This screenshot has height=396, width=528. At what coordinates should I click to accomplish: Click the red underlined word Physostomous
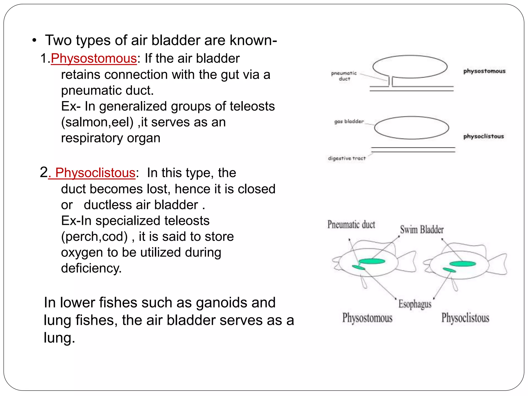(94, 59)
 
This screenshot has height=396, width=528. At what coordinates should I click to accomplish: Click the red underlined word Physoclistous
(95, 173)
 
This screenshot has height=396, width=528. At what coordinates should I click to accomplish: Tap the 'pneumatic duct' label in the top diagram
(344, 76)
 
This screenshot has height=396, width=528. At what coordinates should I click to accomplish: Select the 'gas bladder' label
(349, 121)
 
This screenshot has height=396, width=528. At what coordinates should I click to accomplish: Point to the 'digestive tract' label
(347, 158)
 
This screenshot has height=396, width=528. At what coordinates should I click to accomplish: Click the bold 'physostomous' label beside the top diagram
(484, 71)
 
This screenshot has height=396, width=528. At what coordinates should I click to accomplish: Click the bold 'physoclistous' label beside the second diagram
(483, 136)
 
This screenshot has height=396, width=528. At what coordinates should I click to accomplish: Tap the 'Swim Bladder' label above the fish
(422, 229)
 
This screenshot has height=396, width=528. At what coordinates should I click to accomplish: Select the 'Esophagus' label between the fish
(415, 304)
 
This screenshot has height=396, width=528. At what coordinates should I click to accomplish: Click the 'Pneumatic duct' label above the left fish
(351, 224)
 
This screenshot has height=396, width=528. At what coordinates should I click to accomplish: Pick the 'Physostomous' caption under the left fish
(367, 318)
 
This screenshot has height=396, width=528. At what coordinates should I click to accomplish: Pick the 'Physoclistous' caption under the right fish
(465, 318)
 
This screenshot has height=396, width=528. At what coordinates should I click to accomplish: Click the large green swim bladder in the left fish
(372, 261)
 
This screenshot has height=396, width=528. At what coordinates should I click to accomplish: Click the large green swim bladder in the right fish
(463, 263)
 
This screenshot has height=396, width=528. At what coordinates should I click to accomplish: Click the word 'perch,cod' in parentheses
(94, 237)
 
